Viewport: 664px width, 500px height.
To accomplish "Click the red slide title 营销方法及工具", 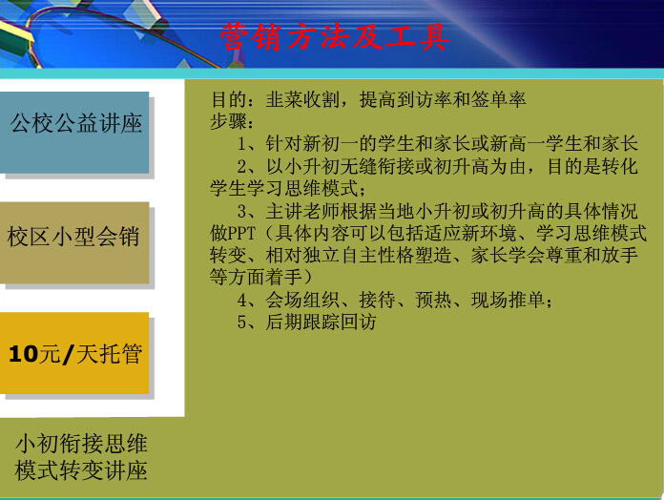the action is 335,37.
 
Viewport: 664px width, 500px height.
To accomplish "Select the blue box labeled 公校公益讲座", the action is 74,132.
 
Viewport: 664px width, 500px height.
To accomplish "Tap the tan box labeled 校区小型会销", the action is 74,242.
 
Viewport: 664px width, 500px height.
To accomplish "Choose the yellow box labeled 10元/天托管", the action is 74,353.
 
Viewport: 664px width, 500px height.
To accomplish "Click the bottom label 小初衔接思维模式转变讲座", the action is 81,457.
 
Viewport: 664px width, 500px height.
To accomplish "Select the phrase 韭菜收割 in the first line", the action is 303,100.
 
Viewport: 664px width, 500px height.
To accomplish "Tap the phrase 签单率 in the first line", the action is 498,100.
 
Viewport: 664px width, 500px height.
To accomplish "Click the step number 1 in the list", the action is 241,144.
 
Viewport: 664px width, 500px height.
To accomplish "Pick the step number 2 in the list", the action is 241,167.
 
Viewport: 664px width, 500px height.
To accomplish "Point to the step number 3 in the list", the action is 241,211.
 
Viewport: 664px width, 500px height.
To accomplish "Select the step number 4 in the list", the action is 241,301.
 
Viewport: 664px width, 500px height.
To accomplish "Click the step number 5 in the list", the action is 241,323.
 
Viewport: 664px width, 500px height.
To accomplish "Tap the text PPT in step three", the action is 241,234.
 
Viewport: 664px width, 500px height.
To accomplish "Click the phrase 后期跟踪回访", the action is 321,323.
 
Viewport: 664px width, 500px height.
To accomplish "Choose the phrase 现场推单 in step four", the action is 508,301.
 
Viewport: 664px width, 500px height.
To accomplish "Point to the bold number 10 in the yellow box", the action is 23,354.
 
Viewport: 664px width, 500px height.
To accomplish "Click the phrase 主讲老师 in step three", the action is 303,211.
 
